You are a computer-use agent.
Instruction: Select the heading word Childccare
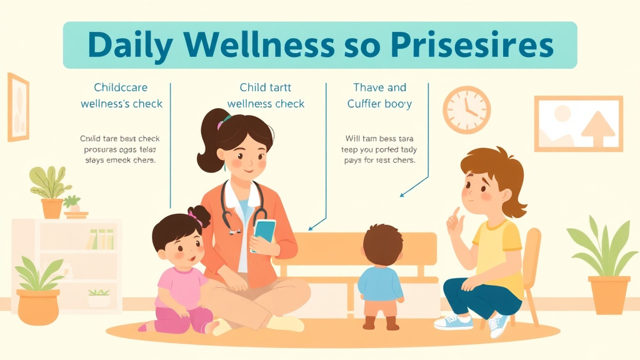121,87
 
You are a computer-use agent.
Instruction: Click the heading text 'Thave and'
379,87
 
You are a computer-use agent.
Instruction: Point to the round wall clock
466,110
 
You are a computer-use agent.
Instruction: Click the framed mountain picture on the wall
579,124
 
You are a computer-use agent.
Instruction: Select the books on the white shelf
101,239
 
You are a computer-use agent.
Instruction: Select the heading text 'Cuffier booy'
379,104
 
